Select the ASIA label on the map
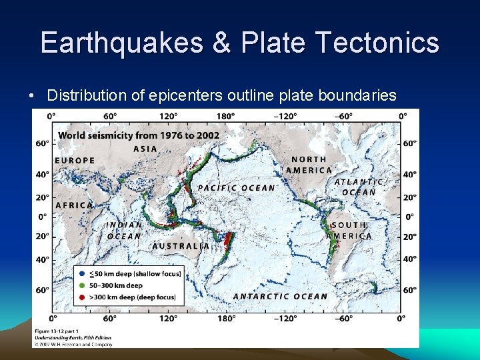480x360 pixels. click(145, 149)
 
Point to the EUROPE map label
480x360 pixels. click(75, 161)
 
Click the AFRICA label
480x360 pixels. click(74, 205)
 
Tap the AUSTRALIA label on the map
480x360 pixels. click(181, 246)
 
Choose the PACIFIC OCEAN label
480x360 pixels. click(236, 188)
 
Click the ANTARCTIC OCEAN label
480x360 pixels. click(280, 296)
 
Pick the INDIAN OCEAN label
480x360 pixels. click(124, 231)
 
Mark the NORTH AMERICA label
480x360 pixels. click(309, 165)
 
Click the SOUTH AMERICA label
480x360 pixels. click(349, 231)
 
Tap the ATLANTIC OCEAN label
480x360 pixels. click(359, 187)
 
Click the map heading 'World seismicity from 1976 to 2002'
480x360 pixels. click(139, 135)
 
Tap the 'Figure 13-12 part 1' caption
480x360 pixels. click(57, 331)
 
